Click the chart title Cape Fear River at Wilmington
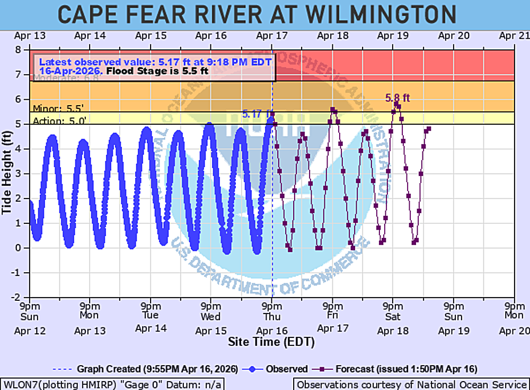[257, 14]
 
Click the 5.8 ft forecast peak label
[397, 98]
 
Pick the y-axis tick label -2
[22, 297]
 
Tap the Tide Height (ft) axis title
[7, 173]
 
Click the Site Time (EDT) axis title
[271, 342]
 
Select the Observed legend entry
[281, 369]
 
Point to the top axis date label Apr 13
[30, 36]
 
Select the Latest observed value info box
[154, 66]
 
